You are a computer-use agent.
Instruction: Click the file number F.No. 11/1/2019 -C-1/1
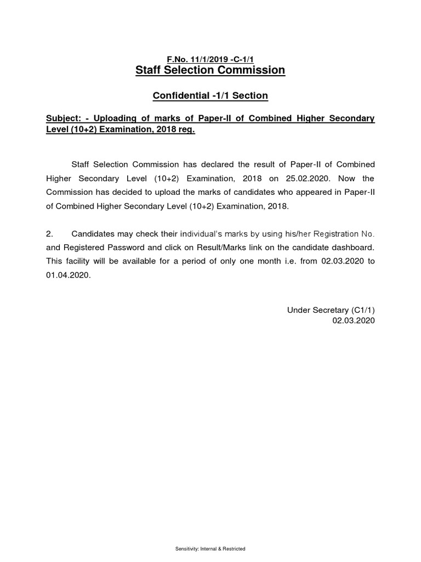coord(210,59)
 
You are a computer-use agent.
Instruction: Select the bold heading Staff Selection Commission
coord(210,70)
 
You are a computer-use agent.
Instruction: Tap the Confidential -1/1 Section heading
coord(210,95)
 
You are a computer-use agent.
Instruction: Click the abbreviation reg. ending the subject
coord(186,131)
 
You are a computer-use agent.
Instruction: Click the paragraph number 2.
coord(49,234)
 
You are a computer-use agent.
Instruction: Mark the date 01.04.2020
coord(67,276)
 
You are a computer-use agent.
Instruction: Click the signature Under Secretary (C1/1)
coord(331,310)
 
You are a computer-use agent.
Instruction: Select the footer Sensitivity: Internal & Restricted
coord(210,548)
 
